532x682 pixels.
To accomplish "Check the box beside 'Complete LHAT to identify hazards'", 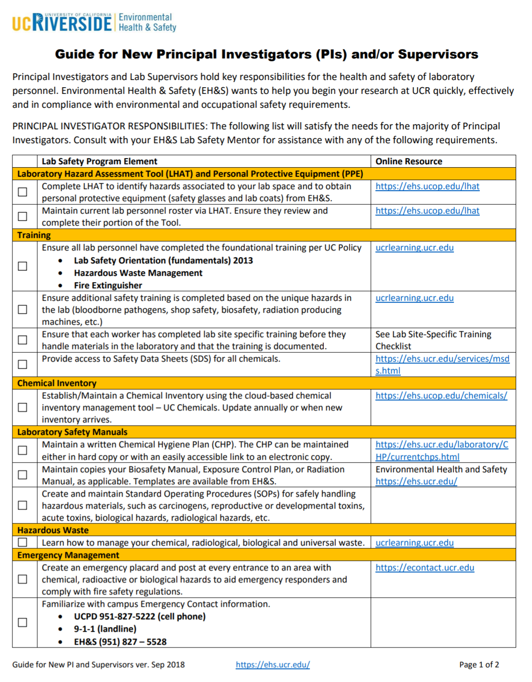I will point(22,192).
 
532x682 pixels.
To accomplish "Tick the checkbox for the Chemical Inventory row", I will point(22,408).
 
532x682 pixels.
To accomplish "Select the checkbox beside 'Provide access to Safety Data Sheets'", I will point(22,364).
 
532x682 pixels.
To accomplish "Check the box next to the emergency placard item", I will point(22,579).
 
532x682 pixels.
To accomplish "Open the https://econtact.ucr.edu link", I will point(424,568).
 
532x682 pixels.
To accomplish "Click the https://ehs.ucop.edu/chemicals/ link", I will point(441,396).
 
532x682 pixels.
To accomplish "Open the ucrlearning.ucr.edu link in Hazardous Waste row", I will point(414,543).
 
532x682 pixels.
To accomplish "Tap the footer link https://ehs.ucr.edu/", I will point(273,664).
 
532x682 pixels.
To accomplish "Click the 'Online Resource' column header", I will point(409,161).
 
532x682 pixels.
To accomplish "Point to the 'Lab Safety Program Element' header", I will point(100,161).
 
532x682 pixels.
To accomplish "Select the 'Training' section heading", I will point(34,235).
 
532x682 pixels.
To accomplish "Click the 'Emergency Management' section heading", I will point(68,555).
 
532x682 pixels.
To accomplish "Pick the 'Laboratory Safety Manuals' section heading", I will point(72,432).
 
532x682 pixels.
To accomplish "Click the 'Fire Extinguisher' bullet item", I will point(108,285).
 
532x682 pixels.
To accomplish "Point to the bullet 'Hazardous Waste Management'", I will point(138,273).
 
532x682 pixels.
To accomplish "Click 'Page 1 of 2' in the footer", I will point(479,664).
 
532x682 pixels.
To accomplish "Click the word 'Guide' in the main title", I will point(74,54).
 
